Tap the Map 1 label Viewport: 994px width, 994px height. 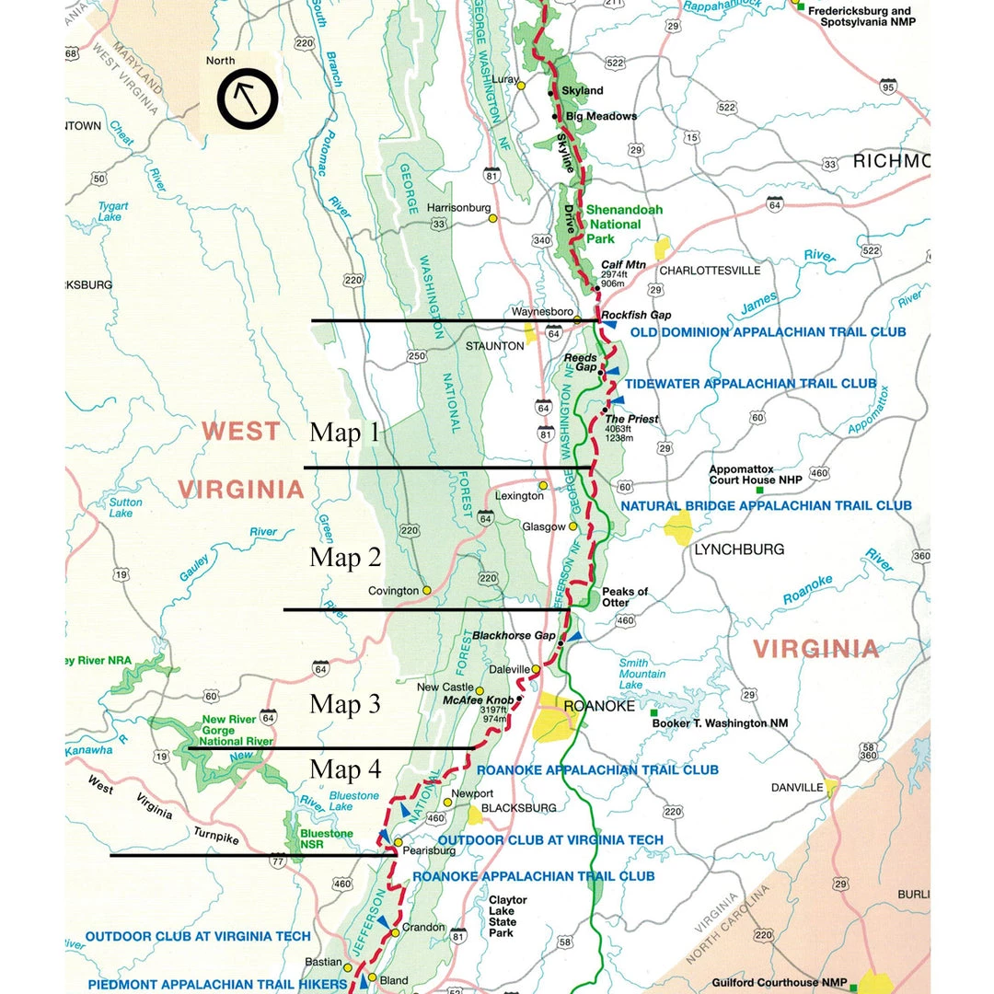(x=344, y=432)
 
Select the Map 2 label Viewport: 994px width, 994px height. (x=344, y=557)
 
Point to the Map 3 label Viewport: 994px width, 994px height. (x=344, y=704)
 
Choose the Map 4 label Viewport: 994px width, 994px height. (x=344, y=769)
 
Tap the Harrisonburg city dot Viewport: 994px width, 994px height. (x=493, y=219)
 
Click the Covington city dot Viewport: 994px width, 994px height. (x=427, y=590)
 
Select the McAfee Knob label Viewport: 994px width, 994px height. (x=478, y=699)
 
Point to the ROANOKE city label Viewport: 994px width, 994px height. (x=599, y=706)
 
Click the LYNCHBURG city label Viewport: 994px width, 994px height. (x=739, y=549)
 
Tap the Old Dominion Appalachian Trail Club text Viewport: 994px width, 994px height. (x=753, y=331)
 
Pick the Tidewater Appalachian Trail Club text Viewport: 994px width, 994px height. (x=750, y=383)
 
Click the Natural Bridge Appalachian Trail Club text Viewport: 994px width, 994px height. (x=766, y=505)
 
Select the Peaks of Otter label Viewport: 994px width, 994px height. (x=625, y=596)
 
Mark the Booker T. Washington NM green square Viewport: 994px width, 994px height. (x=654, y=713)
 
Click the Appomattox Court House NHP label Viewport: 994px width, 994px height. (x=755, y=474)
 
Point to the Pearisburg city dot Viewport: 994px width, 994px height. (x=398, y=842)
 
